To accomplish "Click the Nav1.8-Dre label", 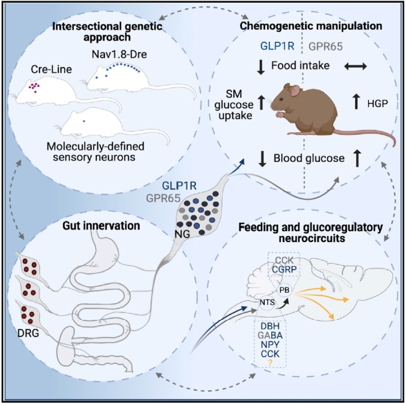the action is [120, 54].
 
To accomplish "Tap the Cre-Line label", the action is [51, 69].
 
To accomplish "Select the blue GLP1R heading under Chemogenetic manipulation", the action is [277, 46].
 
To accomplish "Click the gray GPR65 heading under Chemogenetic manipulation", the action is [325, 46].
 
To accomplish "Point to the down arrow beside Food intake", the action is [261, 67].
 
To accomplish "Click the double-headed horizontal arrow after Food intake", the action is [355, 67].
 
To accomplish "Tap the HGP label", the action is [377, 104].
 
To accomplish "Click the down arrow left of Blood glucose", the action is [263, 159].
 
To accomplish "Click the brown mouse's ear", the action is [295, 91].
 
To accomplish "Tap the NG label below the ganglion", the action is [182, 234].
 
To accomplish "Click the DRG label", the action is [28, 333].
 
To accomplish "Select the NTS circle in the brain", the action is [267, 302].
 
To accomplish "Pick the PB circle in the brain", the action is [284, 290].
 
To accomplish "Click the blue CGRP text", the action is [284, 269].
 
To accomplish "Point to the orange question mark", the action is [270, 363].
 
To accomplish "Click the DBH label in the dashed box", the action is [270, 326].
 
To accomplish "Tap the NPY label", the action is [270, 345].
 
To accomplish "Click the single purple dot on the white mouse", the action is [83, 121].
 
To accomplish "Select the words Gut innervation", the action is [101, 226].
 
